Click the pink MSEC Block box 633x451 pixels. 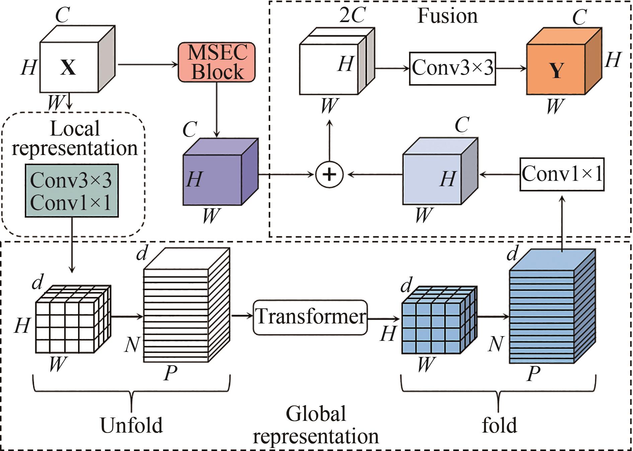tap(216, 62)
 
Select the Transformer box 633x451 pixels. tap(310, 317)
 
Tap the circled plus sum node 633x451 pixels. tap(329, 174)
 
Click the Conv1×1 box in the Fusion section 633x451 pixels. tap(562, 174)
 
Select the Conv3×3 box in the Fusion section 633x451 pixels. tap(452, 68)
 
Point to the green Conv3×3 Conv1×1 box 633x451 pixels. tap(72, 191)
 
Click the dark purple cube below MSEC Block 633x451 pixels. tap(213, 179)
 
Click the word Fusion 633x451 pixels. tap(447, 16)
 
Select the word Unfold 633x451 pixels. tap(131, 426)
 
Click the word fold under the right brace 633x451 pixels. tap(499, 426)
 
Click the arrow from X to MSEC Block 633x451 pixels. tap(147, 64)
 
